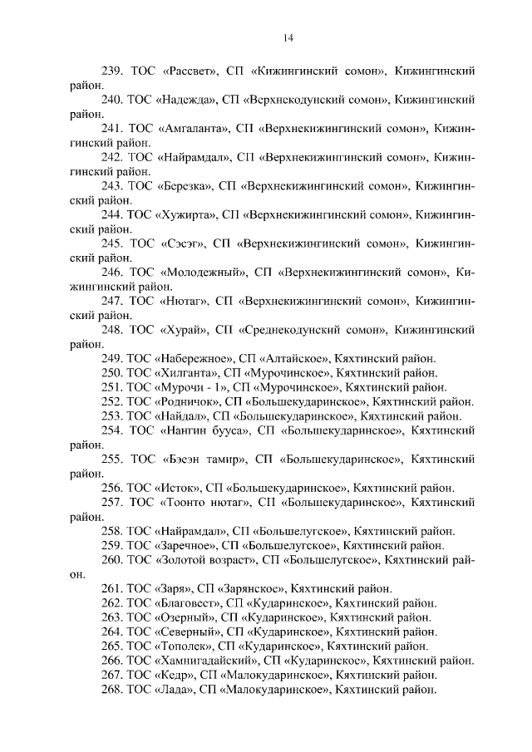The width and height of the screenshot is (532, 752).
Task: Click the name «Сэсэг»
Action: tap(182, 243)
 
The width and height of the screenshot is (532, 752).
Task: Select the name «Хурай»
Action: tap(182, 329)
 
